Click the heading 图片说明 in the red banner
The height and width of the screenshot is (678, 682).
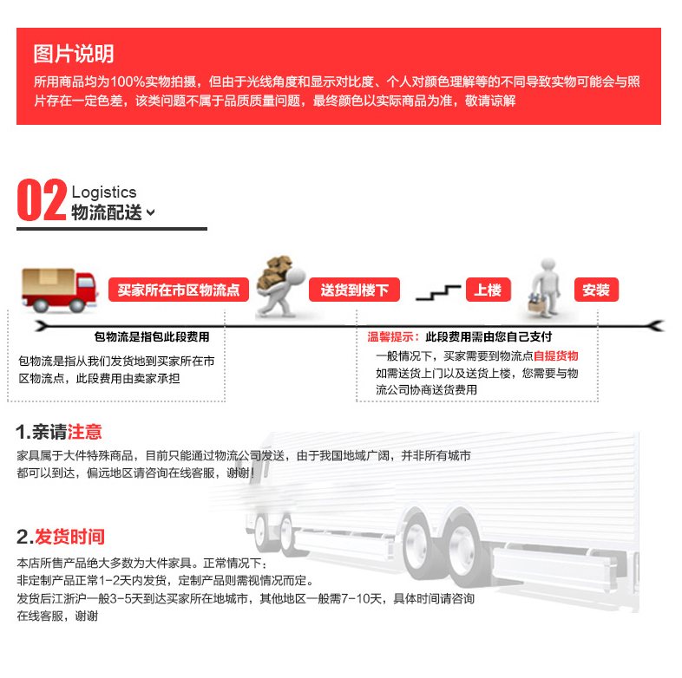click(74, 54)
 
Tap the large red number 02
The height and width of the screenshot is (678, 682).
click(42, 200)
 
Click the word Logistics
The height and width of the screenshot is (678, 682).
click(104, 192)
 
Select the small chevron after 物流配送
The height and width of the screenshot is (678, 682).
click(150, 212)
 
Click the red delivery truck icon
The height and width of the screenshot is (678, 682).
click(59, 290)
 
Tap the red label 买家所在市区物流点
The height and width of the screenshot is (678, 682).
click(179, 290)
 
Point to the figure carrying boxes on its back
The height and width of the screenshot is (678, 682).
click(280, 286)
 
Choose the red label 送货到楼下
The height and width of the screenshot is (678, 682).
click(354, 290)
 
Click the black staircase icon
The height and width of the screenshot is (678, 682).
click(438, 292)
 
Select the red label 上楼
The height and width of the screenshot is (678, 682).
click(488, 290)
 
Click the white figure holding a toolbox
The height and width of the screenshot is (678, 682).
click(545, 288)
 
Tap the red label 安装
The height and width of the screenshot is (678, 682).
click(596, 290)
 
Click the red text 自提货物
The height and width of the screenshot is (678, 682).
click(556, 356)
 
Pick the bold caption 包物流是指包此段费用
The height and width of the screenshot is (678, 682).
click(152, 336)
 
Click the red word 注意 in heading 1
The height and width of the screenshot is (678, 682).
click(84, 432)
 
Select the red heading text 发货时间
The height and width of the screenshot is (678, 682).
click(69, 537)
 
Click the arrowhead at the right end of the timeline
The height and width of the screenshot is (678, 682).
click(656, 325)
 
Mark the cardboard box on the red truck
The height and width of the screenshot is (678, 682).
click(49, 281)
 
